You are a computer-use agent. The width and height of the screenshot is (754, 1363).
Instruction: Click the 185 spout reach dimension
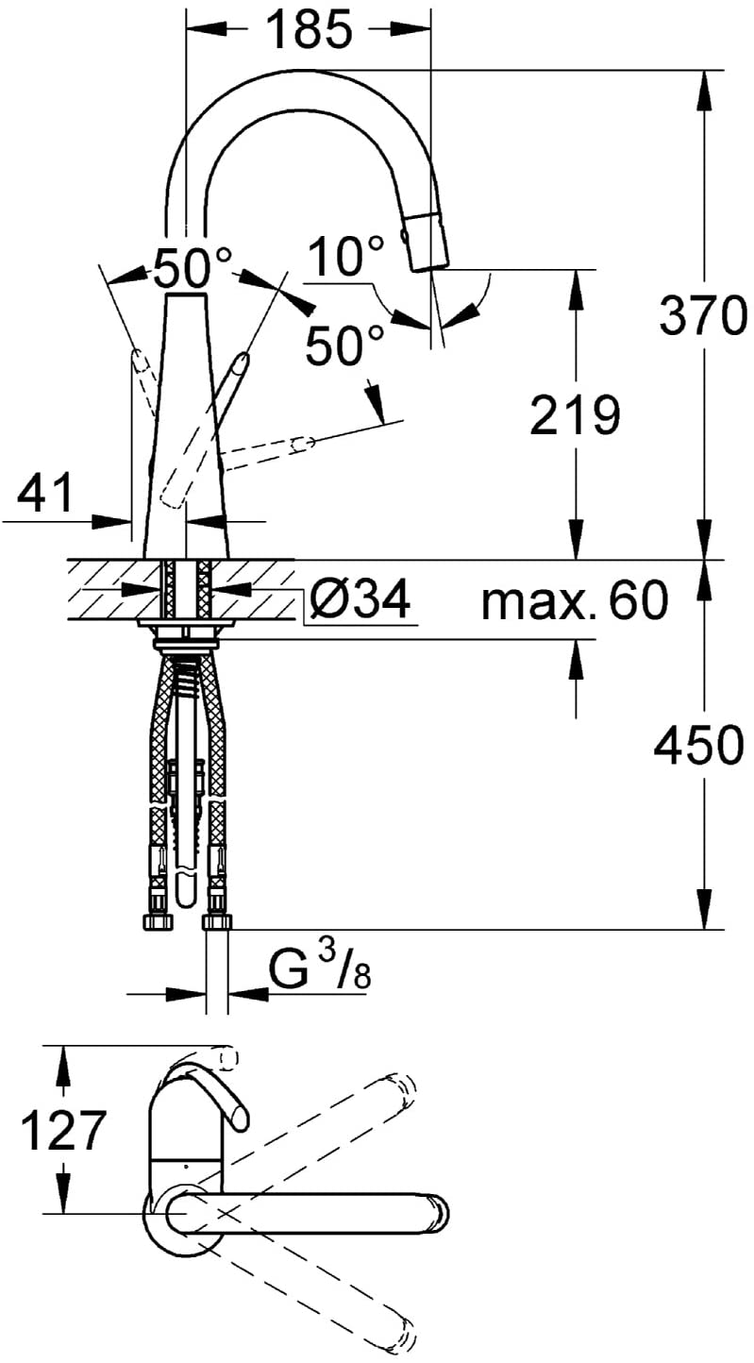pyautogui.click(x=310, y=28)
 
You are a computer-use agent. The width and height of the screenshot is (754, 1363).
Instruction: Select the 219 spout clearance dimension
pyautogui.click(x=575, y=415)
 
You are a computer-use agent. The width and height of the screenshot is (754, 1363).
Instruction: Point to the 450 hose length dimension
pyautogui.click(x=698, y=745)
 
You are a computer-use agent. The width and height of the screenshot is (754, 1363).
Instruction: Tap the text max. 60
pyautogui.click(x=575, y=600)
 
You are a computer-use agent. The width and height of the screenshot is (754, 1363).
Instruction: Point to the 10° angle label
pyautogui.click(x=346, y=256)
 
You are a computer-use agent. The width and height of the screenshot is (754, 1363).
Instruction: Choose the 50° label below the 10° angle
pyautogui.click(x=345, y=345)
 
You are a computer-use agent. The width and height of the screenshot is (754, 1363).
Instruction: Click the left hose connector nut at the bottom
pyautogui.click(x=157, y=923)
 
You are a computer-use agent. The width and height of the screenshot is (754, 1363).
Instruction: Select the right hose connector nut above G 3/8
pyautogui.click(x=217, y=922)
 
